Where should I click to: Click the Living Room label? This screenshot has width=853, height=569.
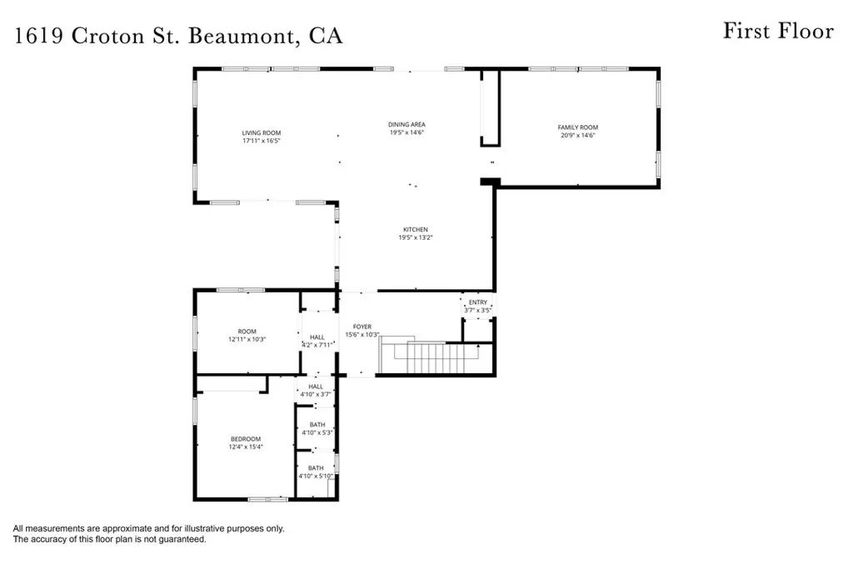pos(262,132)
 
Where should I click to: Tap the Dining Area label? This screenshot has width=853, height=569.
pos(407,124)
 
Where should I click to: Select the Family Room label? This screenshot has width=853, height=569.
pos(578,127)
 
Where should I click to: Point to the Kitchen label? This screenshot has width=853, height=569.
pos(416,229)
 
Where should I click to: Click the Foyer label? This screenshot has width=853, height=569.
pos(362,327)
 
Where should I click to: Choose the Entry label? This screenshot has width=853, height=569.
pos(478,302)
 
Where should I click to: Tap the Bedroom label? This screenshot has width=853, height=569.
pos(246,439)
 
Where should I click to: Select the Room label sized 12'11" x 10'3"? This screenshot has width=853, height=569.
pos(247,331)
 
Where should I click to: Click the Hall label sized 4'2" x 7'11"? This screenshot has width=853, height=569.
pos(317,337)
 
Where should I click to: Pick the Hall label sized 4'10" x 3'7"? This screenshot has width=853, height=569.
pos(316,387)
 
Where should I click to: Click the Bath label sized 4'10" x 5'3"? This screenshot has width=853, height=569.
pos(317,425)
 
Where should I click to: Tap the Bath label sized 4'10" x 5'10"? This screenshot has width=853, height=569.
pos(316,468)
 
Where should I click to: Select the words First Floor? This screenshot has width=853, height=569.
pos(777,32)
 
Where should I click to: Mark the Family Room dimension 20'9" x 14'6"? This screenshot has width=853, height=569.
pos(578,136)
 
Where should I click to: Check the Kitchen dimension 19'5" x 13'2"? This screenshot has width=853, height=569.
pos(416,237)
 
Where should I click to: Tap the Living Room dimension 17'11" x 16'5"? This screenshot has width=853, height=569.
pos(262,141)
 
